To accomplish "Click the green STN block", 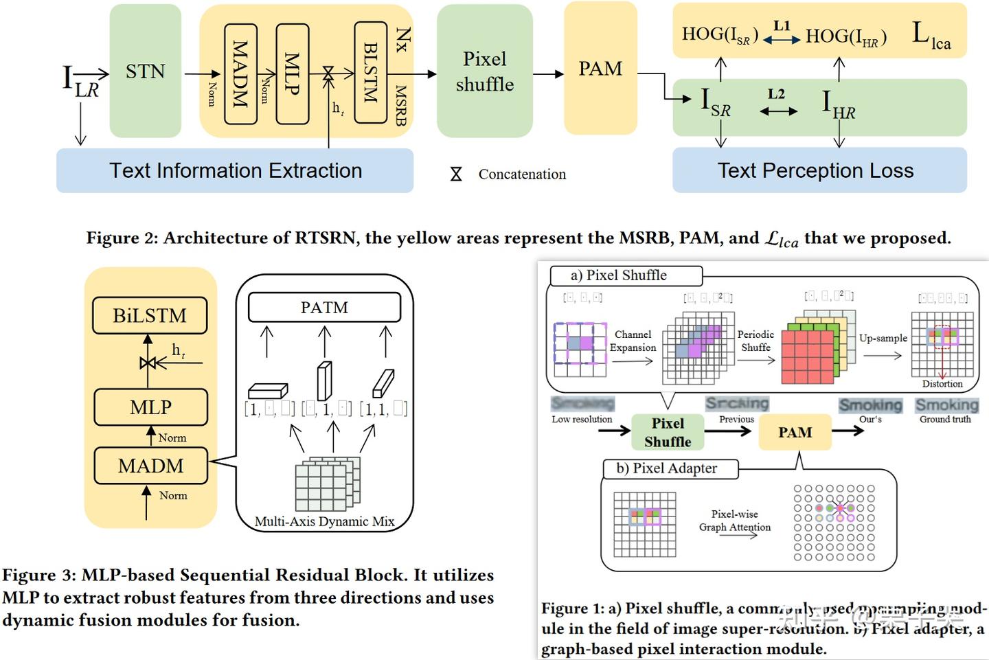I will (145, 71).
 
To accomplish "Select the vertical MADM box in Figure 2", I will (240, 73).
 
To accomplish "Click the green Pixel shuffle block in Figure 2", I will (484, 71).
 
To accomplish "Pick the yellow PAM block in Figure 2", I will (600, 69).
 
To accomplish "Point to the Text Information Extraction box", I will (235, 170).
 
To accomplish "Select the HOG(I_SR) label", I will (719, 35).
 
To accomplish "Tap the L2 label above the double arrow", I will (776, 94).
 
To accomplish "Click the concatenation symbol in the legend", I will (456, 174).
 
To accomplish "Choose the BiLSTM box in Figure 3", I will (150, 315).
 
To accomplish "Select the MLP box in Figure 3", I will (150, 407).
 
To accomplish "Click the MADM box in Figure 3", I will (150, 466).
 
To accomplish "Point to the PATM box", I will (324, 307).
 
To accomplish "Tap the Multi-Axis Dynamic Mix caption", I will (324, 521).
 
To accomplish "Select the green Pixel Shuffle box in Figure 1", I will (668, 432).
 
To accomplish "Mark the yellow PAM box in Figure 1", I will (795, 432).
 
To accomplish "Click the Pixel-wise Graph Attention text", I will (735, 521).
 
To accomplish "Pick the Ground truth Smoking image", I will (946, 405).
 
